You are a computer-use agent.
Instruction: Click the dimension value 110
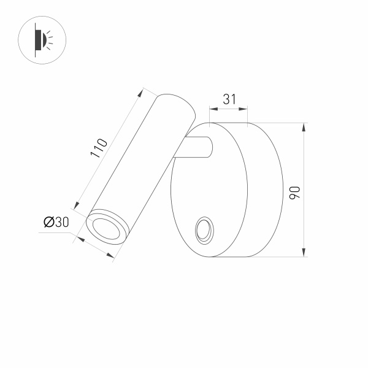tap(99, 149)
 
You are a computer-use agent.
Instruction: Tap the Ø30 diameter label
tap(56, 223)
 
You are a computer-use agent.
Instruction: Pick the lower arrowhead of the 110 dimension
tap(78, 205)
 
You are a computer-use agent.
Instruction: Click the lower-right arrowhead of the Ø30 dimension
tap(112, 259)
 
